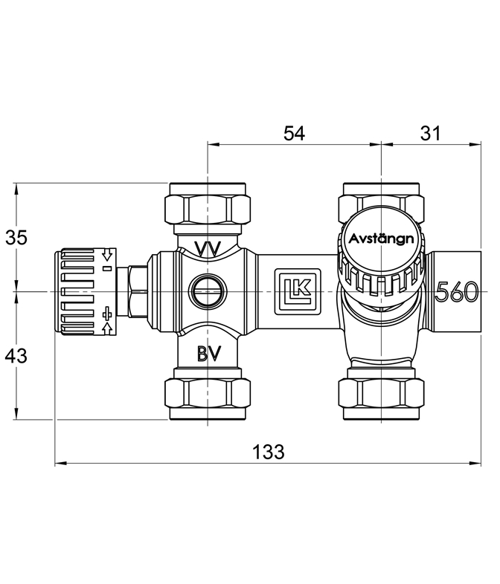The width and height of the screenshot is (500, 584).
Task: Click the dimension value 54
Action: [x=294, y=133]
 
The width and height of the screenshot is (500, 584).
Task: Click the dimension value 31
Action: [x=430, y=133]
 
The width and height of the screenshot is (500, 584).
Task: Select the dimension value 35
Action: [x=16, y=237]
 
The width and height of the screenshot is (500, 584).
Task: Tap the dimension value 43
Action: [x=16, y=356]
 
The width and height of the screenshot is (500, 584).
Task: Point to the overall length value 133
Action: [x=269, y=452]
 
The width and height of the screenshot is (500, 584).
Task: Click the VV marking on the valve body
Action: [x=208, y=248]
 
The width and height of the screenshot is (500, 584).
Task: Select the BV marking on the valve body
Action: [x=209, y=354]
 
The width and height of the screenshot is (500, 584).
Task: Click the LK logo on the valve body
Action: [x=298, y=291]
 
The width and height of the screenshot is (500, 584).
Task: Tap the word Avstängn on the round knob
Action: [x=381, y=239]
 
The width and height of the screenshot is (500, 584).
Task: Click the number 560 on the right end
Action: [x=457, y=291]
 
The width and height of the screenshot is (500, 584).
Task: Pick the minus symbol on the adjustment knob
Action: [x=107, y=268]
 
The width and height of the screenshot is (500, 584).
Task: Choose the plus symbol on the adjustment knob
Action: [x=107, y=314]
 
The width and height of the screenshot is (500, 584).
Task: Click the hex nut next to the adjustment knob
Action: [x=138, y=291]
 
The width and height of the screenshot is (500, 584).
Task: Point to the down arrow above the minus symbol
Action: [x=107, y=255]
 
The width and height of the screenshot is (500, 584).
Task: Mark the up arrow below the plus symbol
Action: [x=107, y=328]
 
